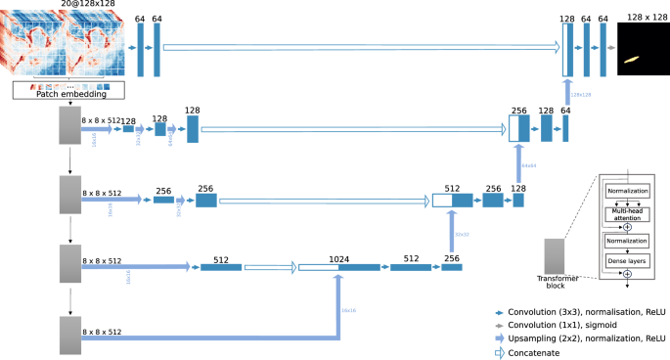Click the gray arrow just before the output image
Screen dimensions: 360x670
coord(610,46)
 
